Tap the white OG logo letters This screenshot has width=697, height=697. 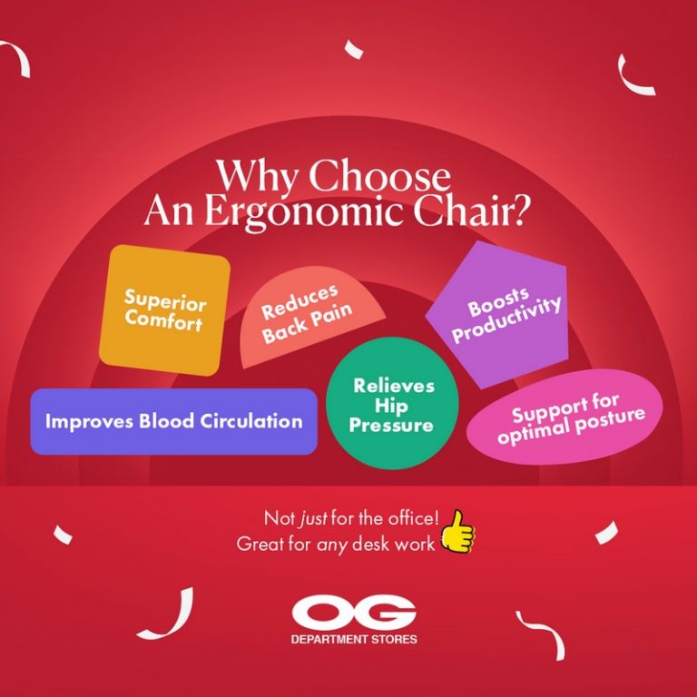[354, 614]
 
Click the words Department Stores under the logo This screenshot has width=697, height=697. [354, 640]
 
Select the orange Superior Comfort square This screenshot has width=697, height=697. [164, 309]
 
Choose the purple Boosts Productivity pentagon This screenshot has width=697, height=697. [498, 314]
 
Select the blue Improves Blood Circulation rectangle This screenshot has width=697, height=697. [173, 421]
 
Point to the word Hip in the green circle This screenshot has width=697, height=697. [393, 406]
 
